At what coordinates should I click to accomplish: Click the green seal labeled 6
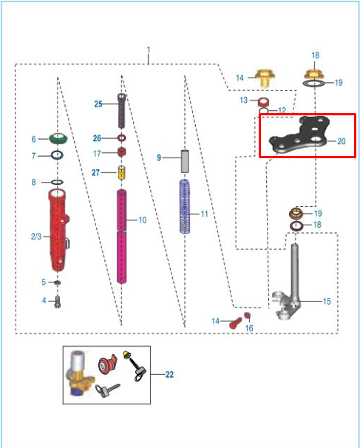(58, 138)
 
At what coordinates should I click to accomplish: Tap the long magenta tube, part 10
(122, 237)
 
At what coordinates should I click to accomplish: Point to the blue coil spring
(185, 206)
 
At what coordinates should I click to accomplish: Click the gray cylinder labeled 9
(185, 161)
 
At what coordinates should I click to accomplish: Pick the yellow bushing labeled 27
(122, 172)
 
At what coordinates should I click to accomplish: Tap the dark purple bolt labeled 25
(121, 111)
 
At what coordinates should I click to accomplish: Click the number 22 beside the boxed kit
(169, 374)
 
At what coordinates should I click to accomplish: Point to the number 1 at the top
(149, 50)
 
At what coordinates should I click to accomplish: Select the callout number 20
(342, 141)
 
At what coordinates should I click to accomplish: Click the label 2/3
(36, 237)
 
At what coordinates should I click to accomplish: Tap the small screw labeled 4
(58, 302)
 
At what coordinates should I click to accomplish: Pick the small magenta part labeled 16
(248, 316)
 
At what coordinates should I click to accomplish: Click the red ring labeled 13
(263, 101)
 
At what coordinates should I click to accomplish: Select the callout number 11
(204, 214)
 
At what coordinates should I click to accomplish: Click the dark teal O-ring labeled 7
(57, 155)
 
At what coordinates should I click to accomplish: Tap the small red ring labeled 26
(122, 138)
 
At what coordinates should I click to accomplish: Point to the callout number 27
(95, 172)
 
